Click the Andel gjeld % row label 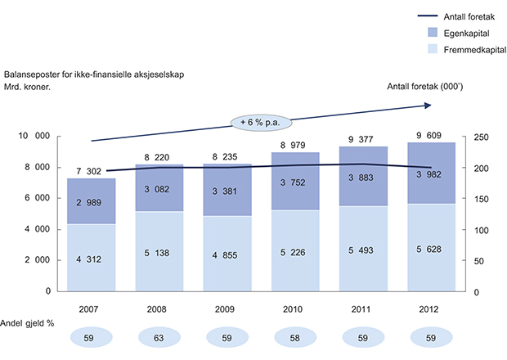(32, 322)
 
